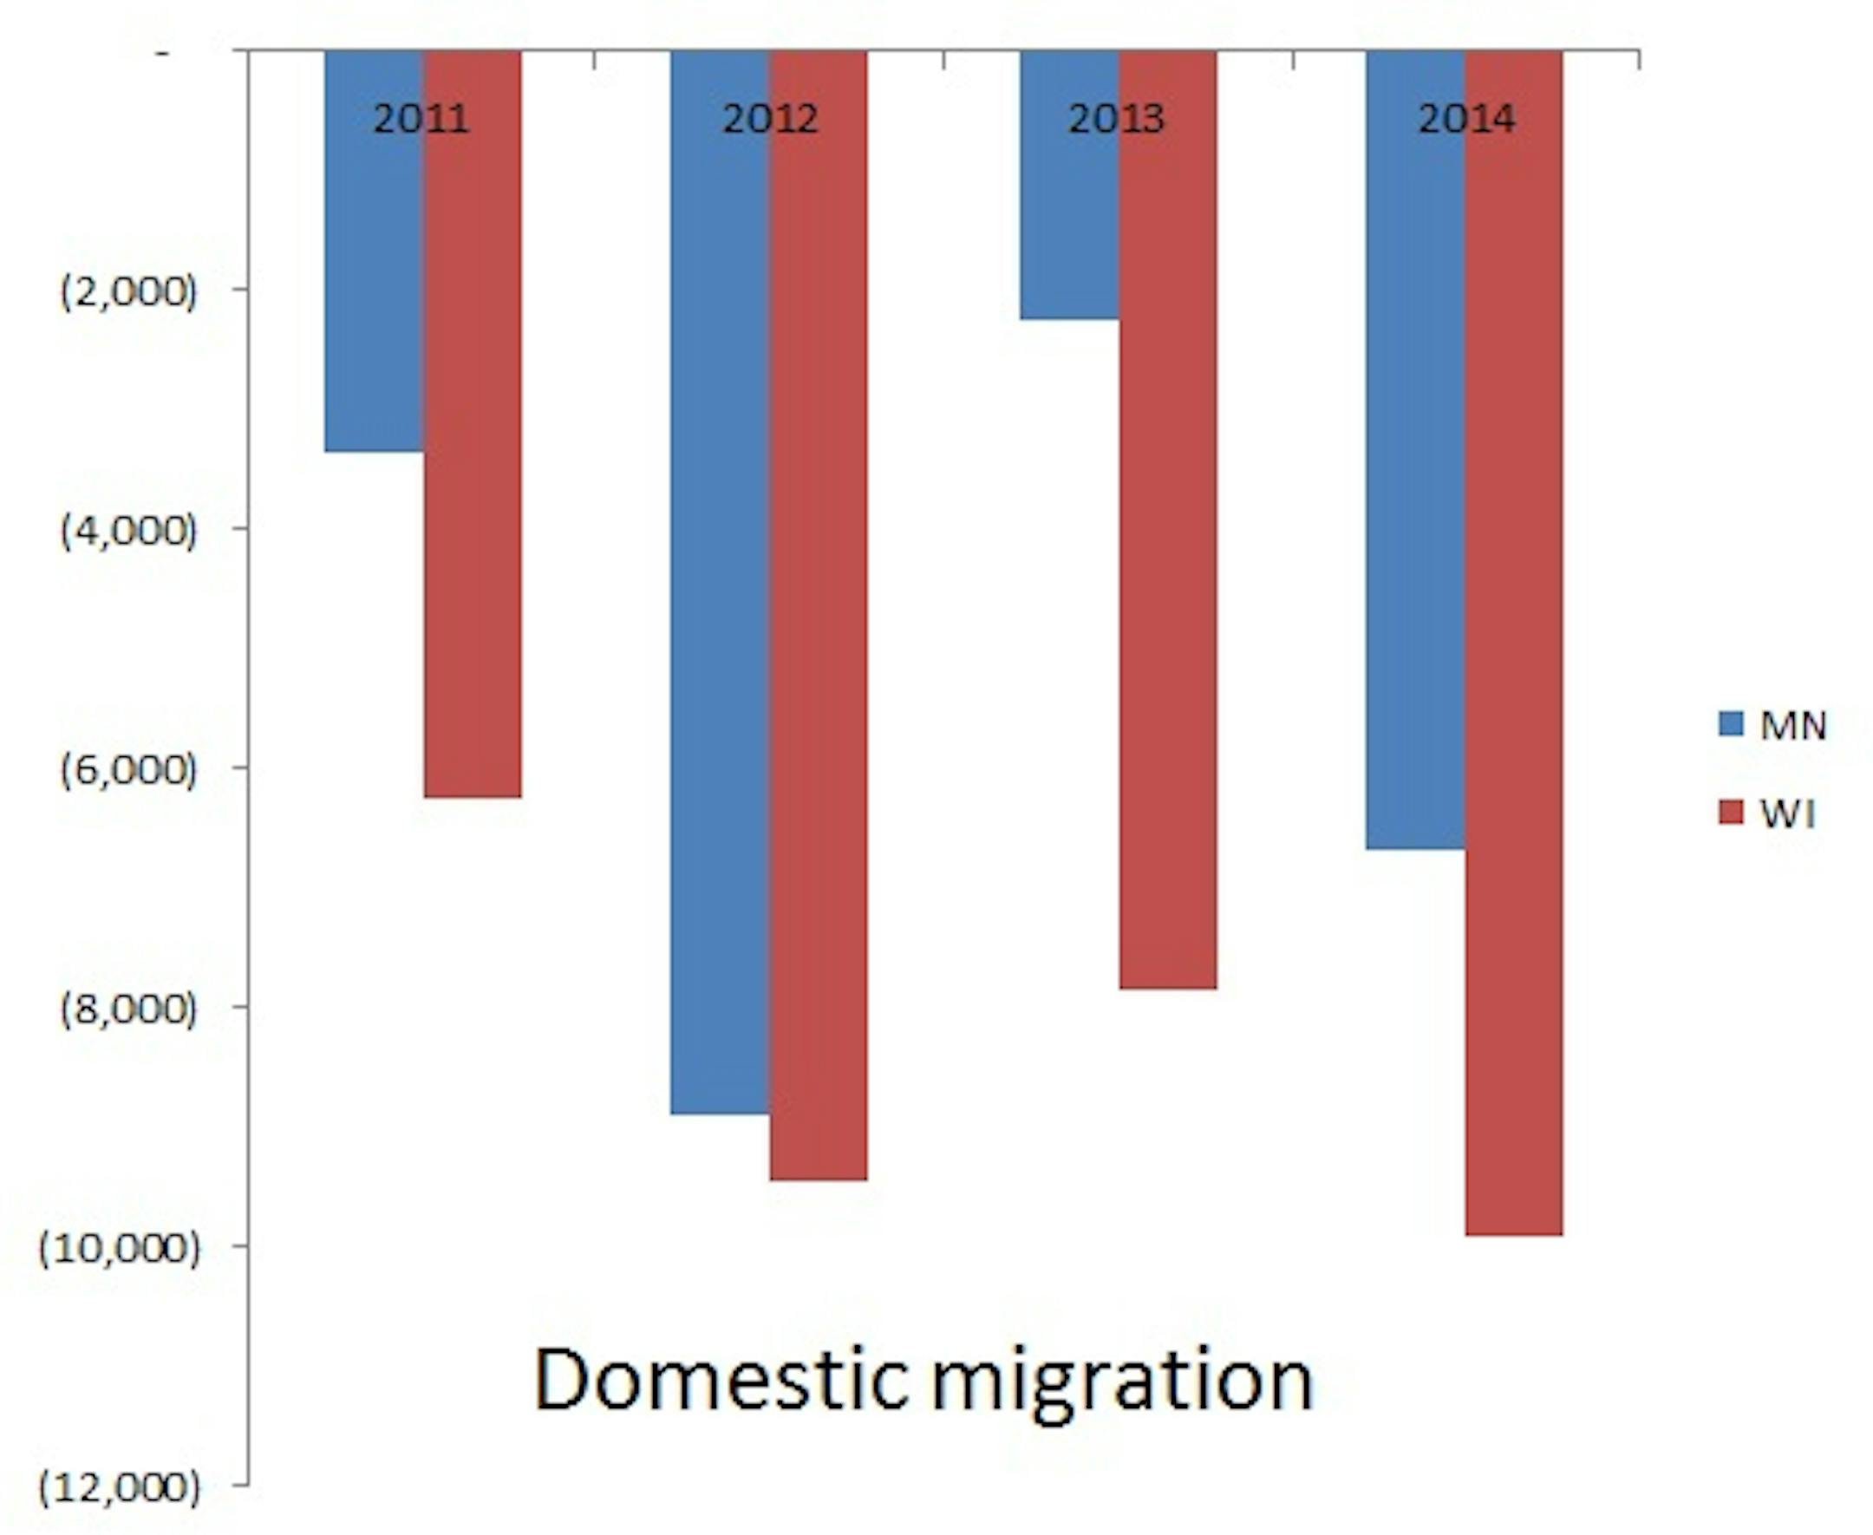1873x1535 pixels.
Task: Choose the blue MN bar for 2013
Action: pyautogui.click(x=1068, y=221)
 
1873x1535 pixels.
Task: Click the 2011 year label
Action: pyautogui.click(x=421, y=120)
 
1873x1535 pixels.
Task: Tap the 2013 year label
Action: pyautogui.click(x=1116, y=120)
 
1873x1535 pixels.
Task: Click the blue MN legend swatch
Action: pyautogui.click(x=1731, y=724)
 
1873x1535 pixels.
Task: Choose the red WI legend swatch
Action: pyautogui.click(x=1731, y=813)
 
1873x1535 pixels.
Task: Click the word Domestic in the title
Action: pyautogui.click(x=721, y=1381)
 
